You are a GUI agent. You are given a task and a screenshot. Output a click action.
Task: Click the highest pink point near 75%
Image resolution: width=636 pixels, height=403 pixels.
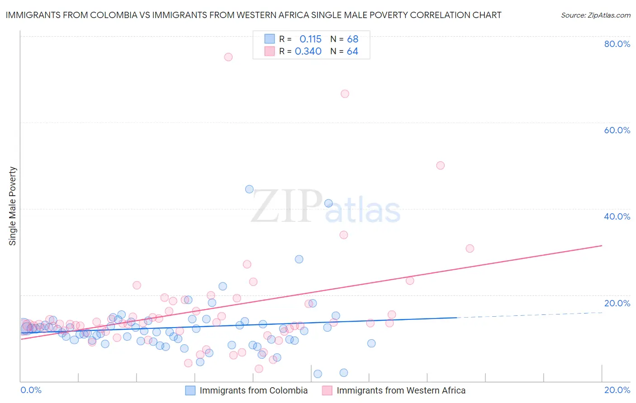tap(228, 57)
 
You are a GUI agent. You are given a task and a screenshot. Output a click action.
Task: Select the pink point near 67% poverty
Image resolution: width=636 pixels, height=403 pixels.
tap(345, 94)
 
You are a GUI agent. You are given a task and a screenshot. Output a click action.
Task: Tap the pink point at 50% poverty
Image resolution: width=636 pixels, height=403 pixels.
tap(440, 165)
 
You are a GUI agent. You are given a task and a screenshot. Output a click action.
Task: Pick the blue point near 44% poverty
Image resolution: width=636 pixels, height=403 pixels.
tap(249, 189)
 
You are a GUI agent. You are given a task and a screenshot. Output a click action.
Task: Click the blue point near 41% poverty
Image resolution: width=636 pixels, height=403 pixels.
tap(328, 203)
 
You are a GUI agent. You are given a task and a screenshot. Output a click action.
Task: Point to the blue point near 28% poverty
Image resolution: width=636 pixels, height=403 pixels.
tap(299, 259)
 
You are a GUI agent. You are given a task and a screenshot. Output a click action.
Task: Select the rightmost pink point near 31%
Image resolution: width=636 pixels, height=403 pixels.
tap(470, 248)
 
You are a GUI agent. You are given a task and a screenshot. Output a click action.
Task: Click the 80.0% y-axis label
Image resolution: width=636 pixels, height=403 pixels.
tap(617, 44)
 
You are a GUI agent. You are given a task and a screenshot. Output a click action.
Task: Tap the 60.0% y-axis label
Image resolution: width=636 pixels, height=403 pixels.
tap(617, 130)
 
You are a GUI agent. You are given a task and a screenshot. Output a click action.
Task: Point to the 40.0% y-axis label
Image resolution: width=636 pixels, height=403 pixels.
tap(617, 216)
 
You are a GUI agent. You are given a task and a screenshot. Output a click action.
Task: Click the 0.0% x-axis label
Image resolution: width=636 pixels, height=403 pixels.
tap(31, 390)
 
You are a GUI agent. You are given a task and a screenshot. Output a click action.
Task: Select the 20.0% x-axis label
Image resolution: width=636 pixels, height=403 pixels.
tap(617, 390)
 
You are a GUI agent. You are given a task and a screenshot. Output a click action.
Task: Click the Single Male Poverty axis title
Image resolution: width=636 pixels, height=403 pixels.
tap(13, 206)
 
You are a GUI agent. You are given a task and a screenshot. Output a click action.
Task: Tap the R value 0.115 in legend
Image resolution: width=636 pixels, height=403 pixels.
tap(310, 39)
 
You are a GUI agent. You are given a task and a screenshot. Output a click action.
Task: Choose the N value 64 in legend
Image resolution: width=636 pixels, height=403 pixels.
tap(352, 52)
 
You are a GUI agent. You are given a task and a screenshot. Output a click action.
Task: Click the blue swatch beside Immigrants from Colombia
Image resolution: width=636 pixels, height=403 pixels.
tap(190, 390)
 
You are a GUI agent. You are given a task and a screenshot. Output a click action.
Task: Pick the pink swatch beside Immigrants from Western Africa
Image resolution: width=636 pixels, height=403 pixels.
tap(327, 390)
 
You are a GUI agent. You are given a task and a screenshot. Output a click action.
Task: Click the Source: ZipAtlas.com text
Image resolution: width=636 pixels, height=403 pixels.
tap(595, 15)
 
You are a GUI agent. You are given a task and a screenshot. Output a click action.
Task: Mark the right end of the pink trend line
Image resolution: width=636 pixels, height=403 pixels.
tap(602, 245)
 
